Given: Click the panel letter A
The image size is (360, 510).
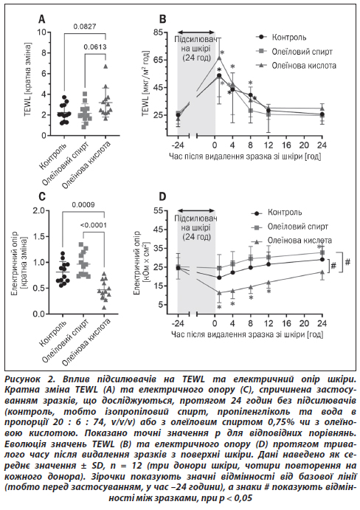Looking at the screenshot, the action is click(42, 19).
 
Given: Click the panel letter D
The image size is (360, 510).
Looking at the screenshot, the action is click(162, 197).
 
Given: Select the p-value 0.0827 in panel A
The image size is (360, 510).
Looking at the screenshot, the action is click(85, 27).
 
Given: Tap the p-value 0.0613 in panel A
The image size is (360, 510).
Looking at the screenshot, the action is click(95, 46).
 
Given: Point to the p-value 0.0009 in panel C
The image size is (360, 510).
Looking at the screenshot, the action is click(83, 204).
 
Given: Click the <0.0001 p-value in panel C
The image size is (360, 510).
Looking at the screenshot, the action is click(94, 225).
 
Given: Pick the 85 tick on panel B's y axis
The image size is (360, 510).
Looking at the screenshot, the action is click(159, 32).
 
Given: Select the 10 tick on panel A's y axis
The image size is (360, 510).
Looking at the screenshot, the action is click(41, 32).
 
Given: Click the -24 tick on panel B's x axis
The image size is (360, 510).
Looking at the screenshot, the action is click(178, 145).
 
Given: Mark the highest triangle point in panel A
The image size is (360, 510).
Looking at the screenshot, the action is click(105, 66).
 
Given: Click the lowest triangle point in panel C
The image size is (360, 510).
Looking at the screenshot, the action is click(104, 307).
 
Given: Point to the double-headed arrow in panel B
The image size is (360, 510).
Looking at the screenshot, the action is click(196, 32).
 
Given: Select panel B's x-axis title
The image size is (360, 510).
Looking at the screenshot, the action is click(245, 156).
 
